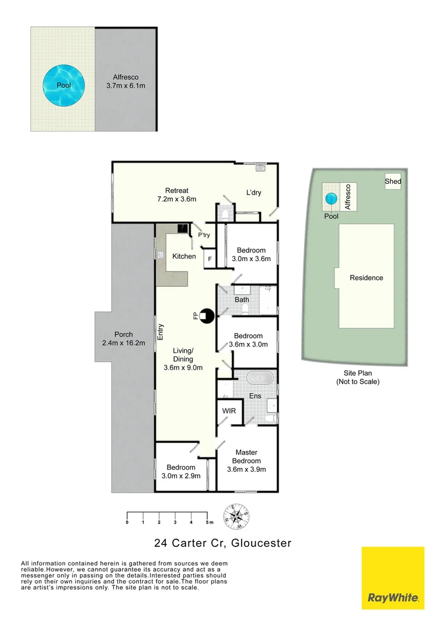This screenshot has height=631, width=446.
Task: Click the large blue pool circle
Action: click(64, 85)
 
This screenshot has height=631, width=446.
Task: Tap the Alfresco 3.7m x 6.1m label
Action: click(126, 81)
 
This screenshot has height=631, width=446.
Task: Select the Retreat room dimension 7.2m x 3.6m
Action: click(176, 199)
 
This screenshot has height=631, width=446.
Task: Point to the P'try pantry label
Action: click(204, 235)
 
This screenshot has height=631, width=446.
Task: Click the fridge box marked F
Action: click(209, 257)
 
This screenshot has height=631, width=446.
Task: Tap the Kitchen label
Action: click(184, 256)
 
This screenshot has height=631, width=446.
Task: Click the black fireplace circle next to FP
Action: click(206, 316)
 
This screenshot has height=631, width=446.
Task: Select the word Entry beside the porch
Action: click(161, 332)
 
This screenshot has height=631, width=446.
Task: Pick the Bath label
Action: click(242, 300)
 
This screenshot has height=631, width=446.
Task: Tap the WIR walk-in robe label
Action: click(229, 411)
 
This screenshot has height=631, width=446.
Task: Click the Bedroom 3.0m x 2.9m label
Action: click(181, 471)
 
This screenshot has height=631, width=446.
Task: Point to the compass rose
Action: click(237, 515)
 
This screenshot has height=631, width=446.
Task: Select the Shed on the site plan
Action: click(393, 182)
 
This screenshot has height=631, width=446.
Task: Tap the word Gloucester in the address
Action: click(262, 543)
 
